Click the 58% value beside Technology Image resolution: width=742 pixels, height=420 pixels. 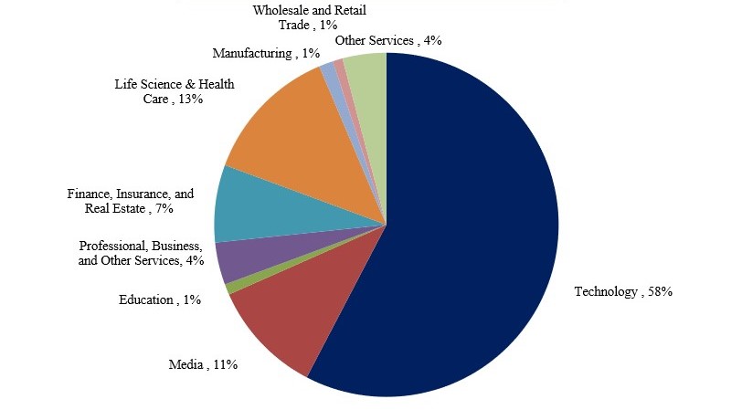pos(661,292)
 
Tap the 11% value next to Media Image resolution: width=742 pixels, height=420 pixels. pos(225,365)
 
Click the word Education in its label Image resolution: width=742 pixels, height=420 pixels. pos(146,299)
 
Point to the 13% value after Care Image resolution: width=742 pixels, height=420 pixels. pos(191,100)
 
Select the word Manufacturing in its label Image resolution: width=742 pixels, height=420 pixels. pos(250,54)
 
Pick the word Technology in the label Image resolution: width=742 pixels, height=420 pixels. pos(605,292)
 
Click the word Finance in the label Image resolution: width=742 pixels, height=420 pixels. pos(90,194)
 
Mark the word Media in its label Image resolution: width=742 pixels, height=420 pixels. pos(185,365)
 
